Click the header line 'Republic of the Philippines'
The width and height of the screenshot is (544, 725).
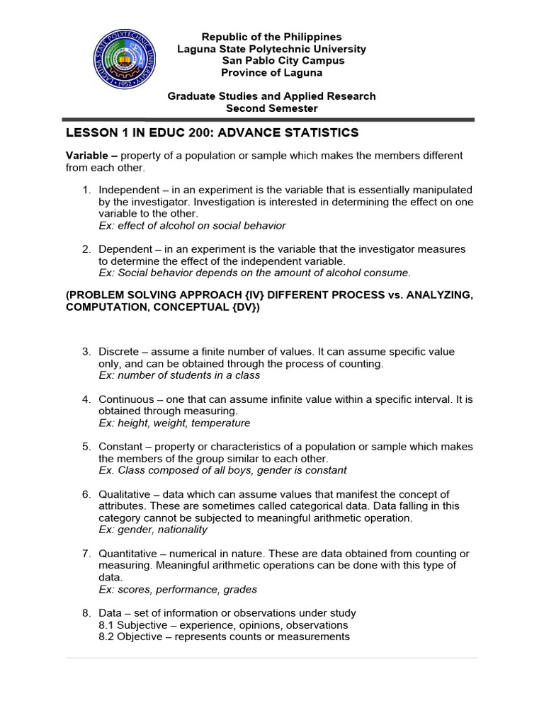(271, 37)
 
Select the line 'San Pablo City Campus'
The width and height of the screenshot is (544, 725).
(273, 61)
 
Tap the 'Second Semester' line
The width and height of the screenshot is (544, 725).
(271, 108)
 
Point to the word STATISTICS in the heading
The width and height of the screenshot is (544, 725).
(321, 133)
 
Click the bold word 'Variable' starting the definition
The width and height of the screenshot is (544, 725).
(87, 156)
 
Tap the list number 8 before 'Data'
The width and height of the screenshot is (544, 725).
(86, 613)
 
